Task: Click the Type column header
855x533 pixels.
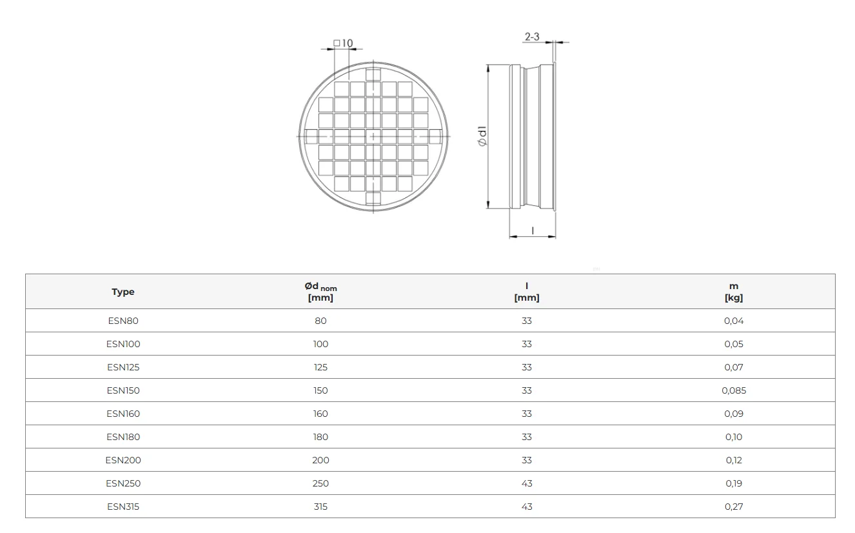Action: (123, 292)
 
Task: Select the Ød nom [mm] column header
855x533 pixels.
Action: (320, 292)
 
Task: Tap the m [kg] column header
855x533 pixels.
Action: (734, 292)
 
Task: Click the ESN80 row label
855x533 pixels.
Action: (123, 321)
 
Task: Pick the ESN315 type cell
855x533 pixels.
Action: (123, 507)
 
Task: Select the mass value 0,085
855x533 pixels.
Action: (734, 390)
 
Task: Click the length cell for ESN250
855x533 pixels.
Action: (527, 483)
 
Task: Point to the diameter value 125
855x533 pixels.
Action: (320, 367)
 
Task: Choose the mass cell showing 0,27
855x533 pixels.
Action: (734, 507)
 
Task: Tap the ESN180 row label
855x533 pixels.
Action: (123, 437)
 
